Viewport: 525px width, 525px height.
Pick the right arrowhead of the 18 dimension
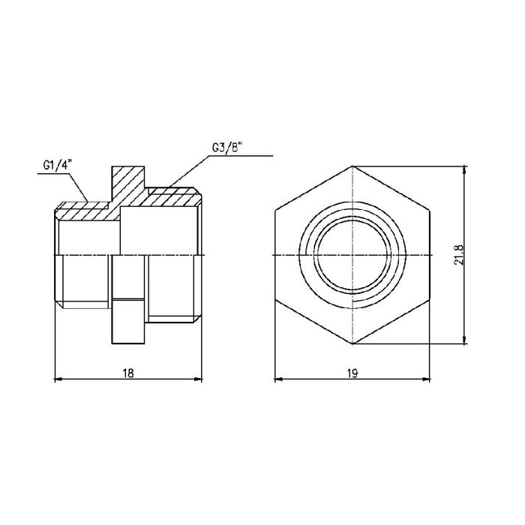200,379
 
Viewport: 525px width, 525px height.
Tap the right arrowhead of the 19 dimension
430,379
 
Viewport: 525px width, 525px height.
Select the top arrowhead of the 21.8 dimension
466,169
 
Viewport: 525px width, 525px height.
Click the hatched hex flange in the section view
127,184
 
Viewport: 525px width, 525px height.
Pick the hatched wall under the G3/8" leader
172,199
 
